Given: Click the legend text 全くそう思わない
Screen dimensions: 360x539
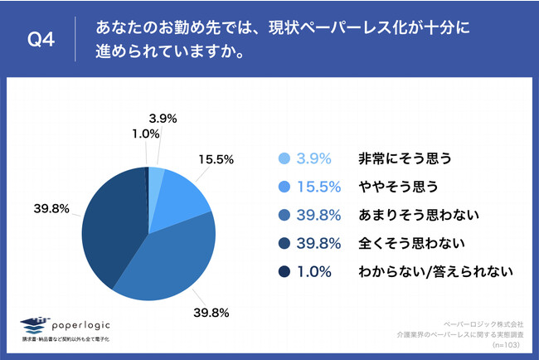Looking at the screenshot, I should pos(410,243).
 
